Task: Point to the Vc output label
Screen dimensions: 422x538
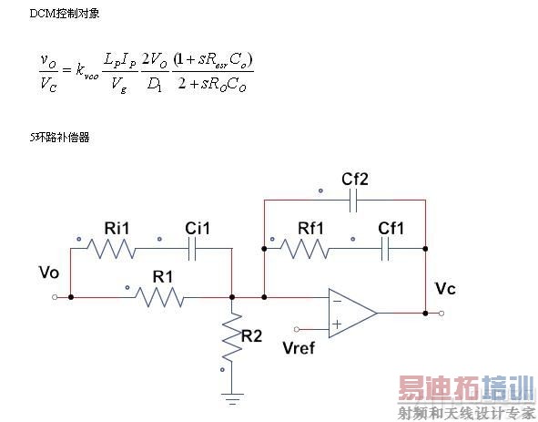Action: pos(447,288)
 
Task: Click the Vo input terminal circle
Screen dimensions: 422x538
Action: pos(56,296)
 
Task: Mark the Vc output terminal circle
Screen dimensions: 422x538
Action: pos(442,312)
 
